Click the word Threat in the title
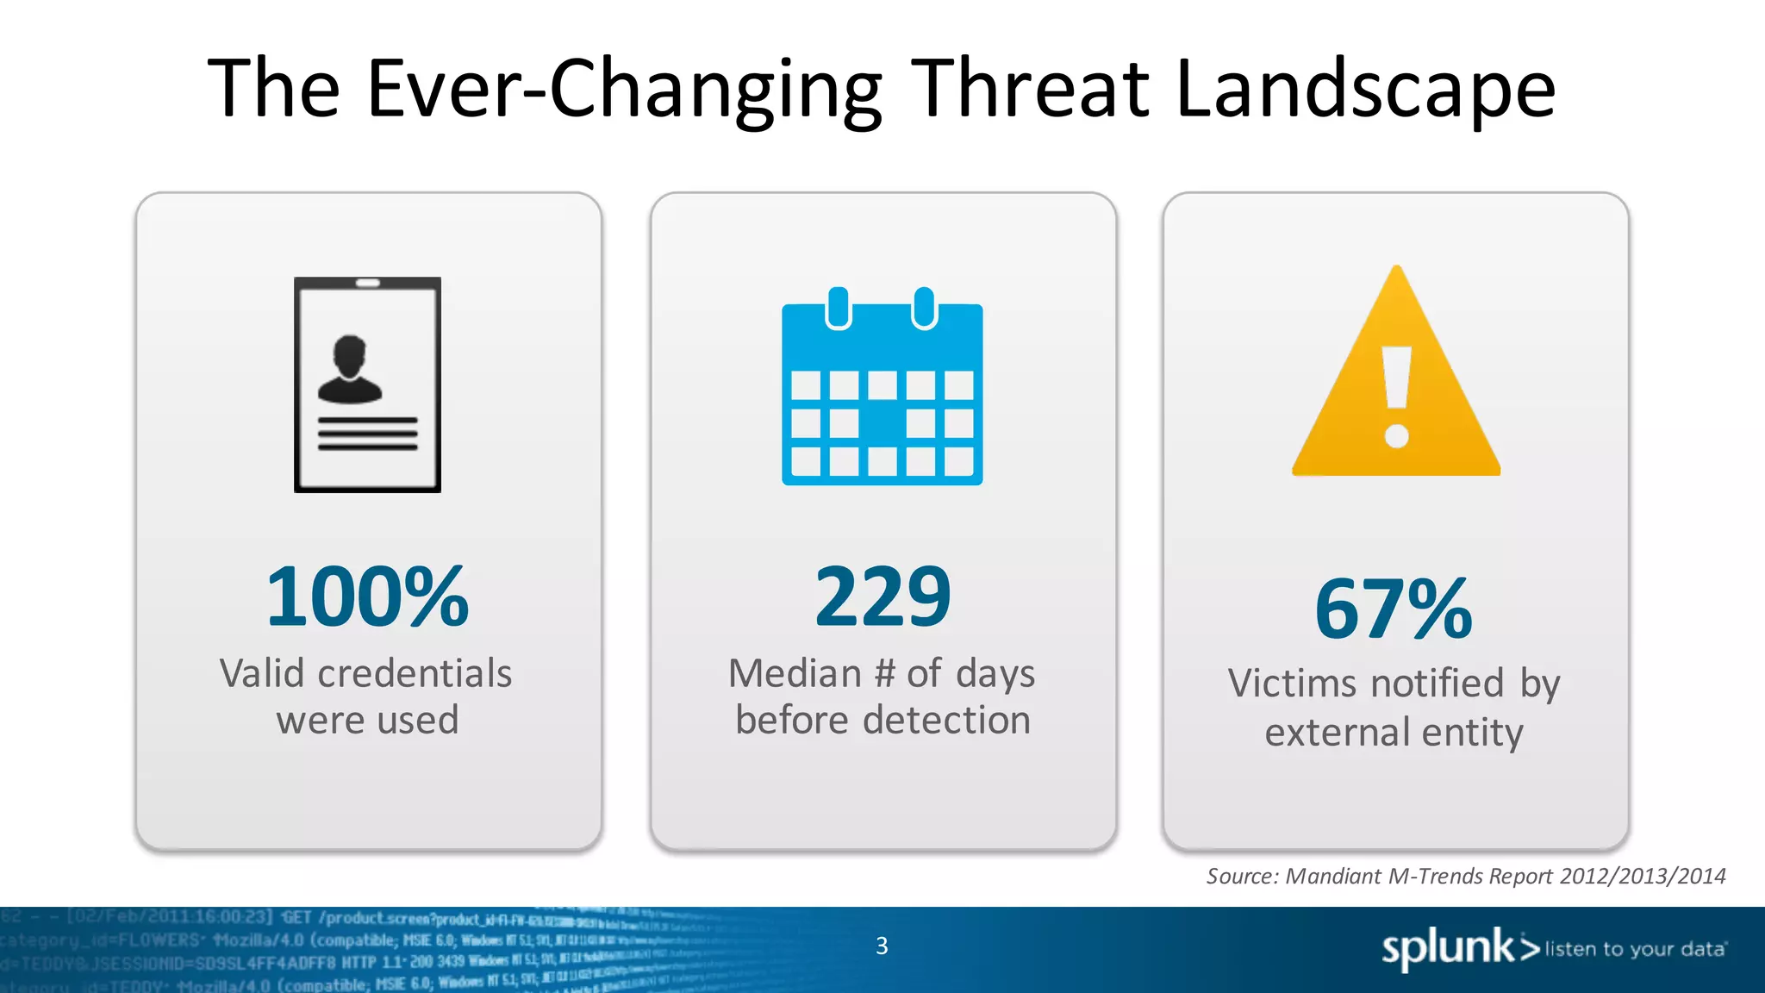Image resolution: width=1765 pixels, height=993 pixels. (1031, 88)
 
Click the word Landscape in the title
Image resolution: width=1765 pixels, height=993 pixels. (1365, 90)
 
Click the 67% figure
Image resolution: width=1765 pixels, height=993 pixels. (1394, 609)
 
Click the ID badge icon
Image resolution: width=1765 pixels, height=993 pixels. (368, 384)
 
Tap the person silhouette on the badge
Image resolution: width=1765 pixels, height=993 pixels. (349, 369)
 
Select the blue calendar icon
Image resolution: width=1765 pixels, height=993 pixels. (882, 388)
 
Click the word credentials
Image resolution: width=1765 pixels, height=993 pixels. (415, 673)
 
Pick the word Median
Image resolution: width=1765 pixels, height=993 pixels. (795, 673)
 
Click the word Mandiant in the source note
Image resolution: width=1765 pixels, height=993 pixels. (1333, 876)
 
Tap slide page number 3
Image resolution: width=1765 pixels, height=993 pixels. (882, 946)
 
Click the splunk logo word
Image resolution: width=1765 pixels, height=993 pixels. (1448, 948)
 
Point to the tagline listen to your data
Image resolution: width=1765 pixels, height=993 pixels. (1635, 949)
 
